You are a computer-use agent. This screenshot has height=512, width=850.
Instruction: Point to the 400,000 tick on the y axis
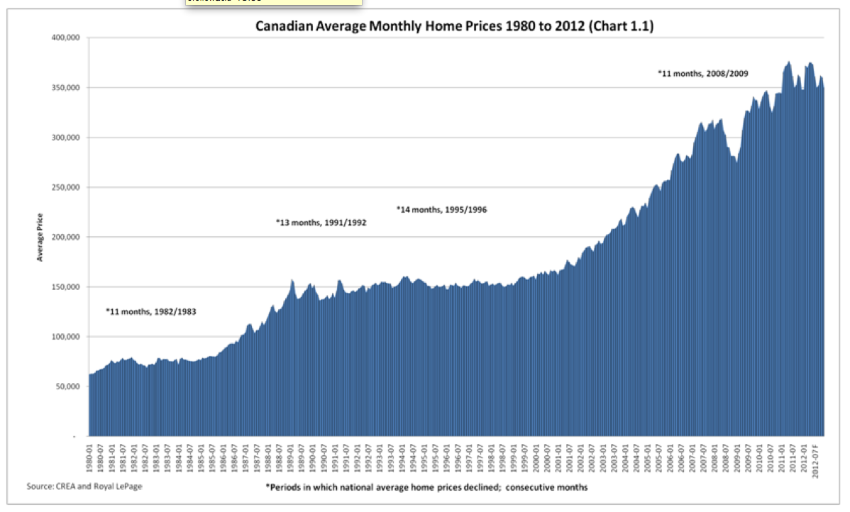click(x=65, y=38)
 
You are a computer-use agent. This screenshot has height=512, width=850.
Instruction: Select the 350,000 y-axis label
click(x=65, y=88)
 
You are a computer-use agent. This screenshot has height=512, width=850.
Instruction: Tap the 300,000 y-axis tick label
click(x=65, y=138)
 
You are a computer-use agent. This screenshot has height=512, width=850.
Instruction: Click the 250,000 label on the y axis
click(x=65, y=188)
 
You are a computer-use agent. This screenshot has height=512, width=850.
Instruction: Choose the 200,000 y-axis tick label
click(x=65, y=238)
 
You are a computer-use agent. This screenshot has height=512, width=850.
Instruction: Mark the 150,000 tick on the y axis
click(x=65, y=287)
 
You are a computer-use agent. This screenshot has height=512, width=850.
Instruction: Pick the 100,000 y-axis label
click(x=65, y=337)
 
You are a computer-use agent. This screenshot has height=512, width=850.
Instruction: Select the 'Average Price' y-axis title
click(x=40, y=237)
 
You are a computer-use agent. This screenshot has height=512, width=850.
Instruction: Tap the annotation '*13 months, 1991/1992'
click(x=321, y=223)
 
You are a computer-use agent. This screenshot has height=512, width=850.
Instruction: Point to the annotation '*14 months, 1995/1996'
click(x=441, y=210)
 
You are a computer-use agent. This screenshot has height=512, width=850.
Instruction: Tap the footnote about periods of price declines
click(x=426, y=487)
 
